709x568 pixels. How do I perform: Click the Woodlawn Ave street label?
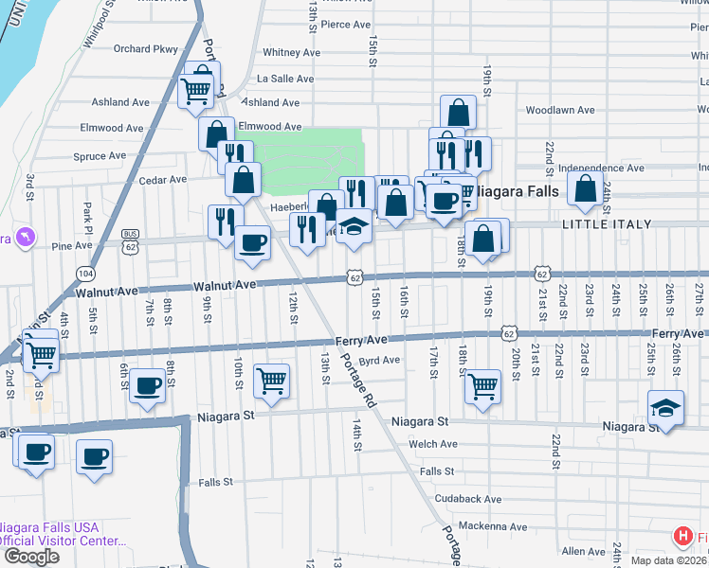[x=559, y=110]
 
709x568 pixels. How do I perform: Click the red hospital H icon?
[x=682, y=537]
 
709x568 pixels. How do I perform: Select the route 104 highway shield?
[x=86, y=272]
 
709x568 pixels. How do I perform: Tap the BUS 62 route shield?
[x=131, y=242]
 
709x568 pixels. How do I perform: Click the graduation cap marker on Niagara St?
[x=664, y=409]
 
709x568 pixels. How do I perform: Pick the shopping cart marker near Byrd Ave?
[x=272, y=380]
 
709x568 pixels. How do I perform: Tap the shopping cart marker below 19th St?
[x=483, y=385]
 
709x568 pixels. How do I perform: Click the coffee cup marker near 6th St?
[x=147, y=385]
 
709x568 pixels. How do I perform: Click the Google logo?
[x=31, y=556]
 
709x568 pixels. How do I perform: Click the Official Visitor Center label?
[x=63, y=541]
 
